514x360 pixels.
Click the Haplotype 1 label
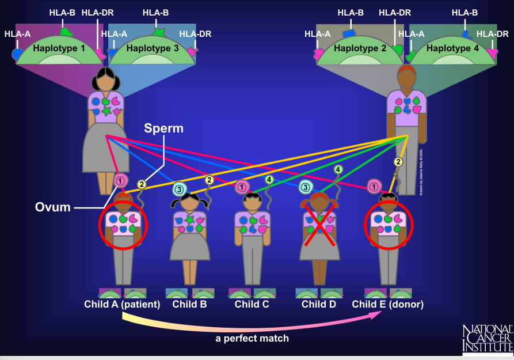coord(59,48)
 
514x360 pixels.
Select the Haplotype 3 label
coord(152,48)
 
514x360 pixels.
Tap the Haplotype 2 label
coord(359,48)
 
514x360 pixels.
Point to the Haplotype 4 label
coord(452,48)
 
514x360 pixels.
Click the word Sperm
coord(163,128)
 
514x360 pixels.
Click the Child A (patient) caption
coord(122,304)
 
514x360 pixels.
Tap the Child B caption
coord(189,304)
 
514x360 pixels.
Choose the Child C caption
coord(252,304)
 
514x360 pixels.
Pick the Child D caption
coord(318,304)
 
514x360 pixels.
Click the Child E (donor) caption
coord(387,304)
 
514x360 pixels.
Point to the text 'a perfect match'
coord(252,338)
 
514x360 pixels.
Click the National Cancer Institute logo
coord(487,338)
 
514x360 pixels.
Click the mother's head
coord(106,80)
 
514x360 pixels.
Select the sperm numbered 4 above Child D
coord(338,169)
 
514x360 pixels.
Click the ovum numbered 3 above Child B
coord(179,188)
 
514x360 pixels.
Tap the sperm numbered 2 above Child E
coord(398,162)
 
